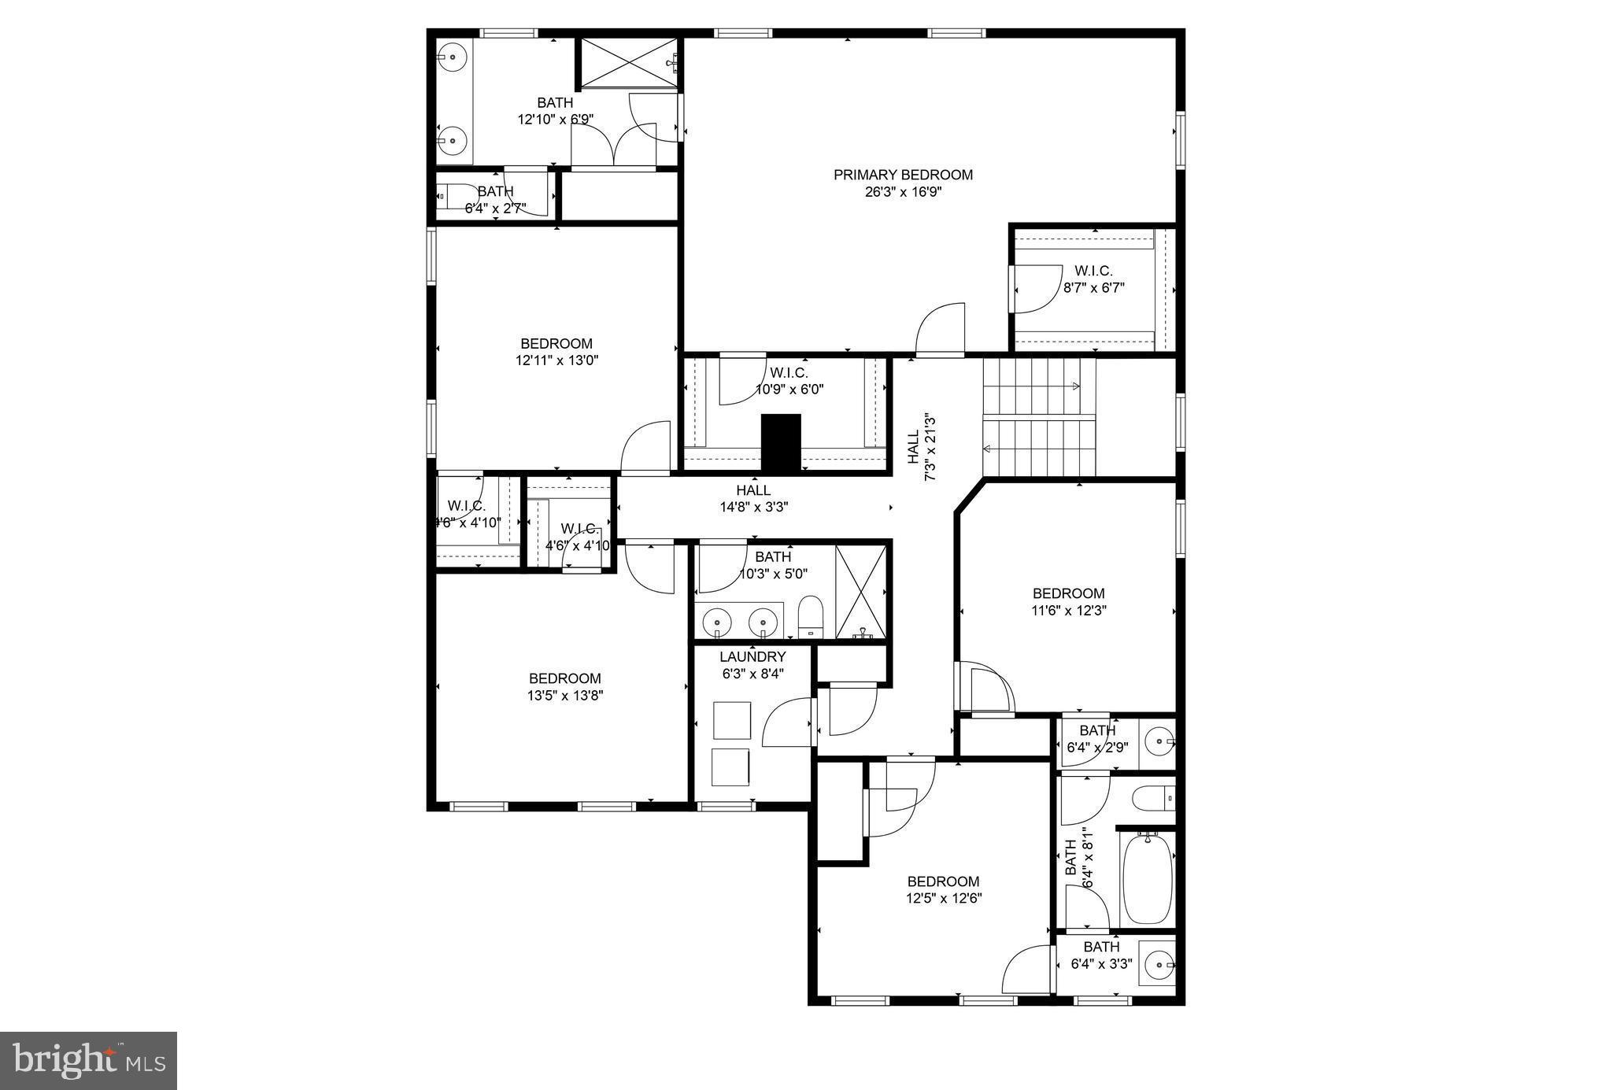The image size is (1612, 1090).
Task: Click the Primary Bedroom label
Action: pyautogui.click(x=903, y=175)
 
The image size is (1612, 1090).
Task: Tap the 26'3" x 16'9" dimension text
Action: pyautogui.click(x=903, y=191)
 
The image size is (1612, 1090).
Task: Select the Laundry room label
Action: pyautogui.click(x=752, y=656)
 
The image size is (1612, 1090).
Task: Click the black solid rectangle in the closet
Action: pyautogui.click(x=780, y=443)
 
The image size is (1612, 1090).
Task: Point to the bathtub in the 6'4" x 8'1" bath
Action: pyautogui.click(x=1147, y=881)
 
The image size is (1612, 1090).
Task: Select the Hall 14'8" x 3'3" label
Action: pyautogui.click(x=753, y=499)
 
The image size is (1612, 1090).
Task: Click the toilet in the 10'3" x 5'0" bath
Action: pyautogui.click(x=809, y=616)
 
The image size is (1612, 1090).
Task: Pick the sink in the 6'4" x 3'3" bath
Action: pyautogui.click(x=1158, y=964)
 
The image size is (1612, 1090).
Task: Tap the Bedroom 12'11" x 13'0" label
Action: pyautogui.click(x=556, y=352)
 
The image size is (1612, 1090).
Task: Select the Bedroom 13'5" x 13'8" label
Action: pyautogui.click(x=564, y=686)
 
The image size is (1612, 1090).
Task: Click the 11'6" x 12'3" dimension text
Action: pyautogui.click(x=1068, y=610)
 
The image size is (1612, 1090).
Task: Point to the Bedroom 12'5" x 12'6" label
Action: pyautogui.click(x=943, y=889)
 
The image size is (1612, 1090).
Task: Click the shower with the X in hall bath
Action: pyautogui.click(x=861, y=592)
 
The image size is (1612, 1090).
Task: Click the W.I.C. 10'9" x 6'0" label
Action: pyautogui.click(x=789, y=381)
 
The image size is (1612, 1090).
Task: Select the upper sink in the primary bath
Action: pyautogui.click(x=453, y=57)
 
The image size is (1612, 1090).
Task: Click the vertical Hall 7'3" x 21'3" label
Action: pyautogui.click(x=920, y=446)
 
